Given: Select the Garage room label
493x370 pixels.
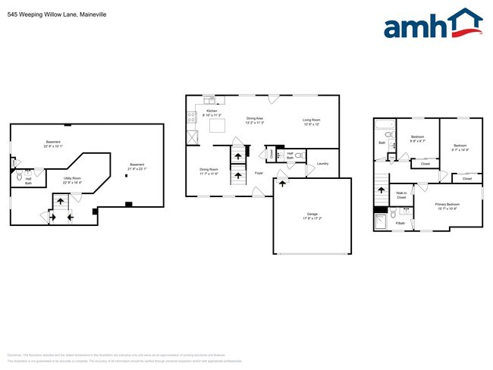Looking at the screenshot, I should pyautogui.click(x=312, y=215).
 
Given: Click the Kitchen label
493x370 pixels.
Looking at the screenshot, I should pyautogui.click(x=212, y=111).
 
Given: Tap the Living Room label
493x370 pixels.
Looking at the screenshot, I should pyautogui.click(x=312, y=120).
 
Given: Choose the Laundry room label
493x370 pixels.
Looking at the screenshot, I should pyautogui.click(x=322, y=164).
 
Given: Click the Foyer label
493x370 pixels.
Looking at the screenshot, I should pyautogui.click(x=259, y=174).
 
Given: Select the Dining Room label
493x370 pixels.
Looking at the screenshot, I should pyautogui.click(x=209, y=169).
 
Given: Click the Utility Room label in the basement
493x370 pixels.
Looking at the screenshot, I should pyautogui.click(x=72, y=179).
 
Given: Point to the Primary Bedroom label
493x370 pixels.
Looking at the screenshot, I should pyautogui.click(x=447, y=204).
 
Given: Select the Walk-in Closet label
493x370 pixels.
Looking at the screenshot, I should pyautogui.click(x=401, y=196).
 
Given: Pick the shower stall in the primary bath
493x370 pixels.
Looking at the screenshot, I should pyautogui.click(x=381, y=221).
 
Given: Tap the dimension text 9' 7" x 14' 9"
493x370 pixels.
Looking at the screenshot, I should pyautogui.click(x=461, y=150).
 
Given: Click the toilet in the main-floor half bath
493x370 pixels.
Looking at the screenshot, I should pyautogui.click(x=298, y=155).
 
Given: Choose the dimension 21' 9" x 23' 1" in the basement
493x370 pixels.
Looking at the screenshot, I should pyautogui.click(x=137, y=168).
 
